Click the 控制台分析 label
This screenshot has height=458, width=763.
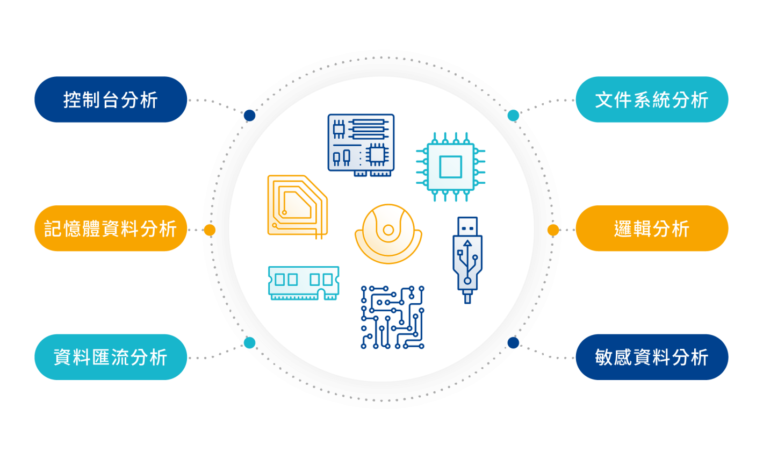(111, 100)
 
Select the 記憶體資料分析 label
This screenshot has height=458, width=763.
(111, 228)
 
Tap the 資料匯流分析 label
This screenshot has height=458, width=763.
(111, 357)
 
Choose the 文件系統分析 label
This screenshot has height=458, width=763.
(652, 100)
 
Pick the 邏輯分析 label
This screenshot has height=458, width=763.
(652, 228)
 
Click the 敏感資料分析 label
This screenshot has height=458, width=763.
(652, 357)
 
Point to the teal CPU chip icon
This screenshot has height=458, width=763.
(450, 167)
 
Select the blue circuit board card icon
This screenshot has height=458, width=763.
(361, 145)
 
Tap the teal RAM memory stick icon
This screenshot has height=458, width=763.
(304, 283)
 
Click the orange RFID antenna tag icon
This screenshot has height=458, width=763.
(297, 206)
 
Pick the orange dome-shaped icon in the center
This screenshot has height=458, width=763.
(388, 234)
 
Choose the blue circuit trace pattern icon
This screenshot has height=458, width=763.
(392, 317)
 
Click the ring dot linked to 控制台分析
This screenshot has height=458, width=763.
(249, 115)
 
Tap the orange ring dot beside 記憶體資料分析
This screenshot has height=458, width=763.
(210, 230)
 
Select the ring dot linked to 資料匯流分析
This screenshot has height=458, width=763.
(249, 342)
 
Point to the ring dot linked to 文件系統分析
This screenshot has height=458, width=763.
(514, 115)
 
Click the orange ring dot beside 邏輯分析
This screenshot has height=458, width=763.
(553, 230)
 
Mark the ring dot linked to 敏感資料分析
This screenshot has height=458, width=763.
(513, 342)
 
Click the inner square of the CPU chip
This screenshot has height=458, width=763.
(450, 167)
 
